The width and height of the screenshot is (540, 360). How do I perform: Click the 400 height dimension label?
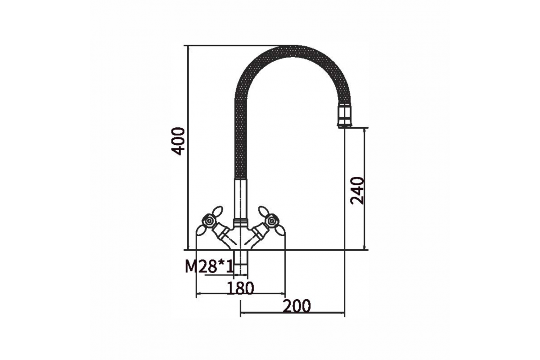pos(178,141)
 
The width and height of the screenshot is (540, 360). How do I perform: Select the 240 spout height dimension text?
pos(357,191)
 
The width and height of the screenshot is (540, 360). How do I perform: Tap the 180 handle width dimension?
pos(241,288)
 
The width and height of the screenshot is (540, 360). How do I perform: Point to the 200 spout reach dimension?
pos(297,306)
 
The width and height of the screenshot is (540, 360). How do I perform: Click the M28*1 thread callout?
pos(209,267)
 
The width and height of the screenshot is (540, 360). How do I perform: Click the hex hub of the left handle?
pos(208,221)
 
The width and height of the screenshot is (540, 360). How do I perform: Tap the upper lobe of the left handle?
pos(217,211)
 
